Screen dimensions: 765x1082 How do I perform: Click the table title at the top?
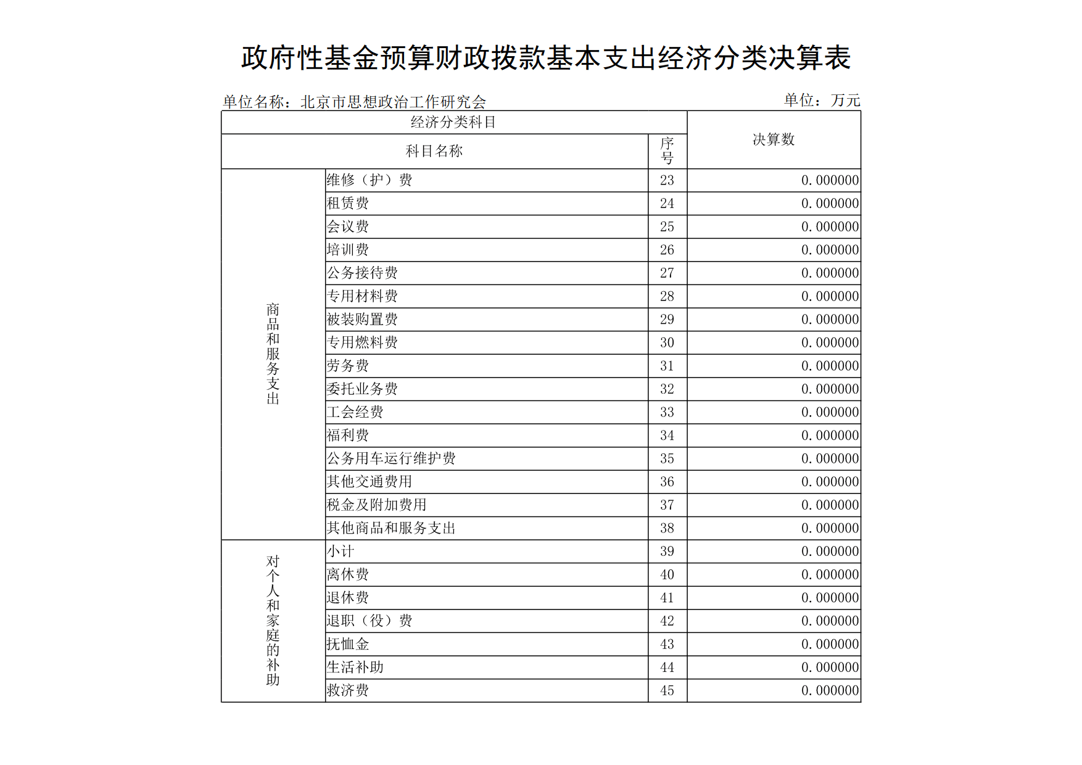[545, 59]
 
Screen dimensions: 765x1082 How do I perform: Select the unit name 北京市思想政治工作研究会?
[393, 102]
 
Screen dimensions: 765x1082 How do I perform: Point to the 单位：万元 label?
[821, 100]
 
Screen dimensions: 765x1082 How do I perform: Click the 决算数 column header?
[774, 140]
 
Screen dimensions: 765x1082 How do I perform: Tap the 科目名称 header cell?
[434, 151]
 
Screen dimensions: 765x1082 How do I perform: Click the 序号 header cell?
[667, 151]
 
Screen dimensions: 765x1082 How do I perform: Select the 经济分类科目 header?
[453, 122]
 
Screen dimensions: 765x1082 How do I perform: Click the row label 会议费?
[348, 227]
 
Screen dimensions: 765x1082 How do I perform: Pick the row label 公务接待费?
[362, 273]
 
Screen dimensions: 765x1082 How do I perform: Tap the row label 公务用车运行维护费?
[391, 458]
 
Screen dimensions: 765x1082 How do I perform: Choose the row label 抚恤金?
[348, 644]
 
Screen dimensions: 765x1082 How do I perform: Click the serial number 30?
[667, 343]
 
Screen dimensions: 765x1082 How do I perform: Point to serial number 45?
[667, 690]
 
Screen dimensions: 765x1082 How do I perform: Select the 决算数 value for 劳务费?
[830, 366]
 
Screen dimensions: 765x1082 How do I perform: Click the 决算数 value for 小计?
[830, 552]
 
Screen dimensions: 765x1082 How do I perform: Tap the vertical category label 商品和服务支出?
[273, 354]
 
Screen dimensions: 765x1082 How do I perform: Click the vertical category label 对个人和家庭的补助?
[273, 621]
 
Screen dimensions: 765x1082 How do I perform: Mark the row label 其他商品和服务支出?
[391, 528]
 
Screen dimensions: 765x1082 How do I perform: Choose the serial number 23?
[667, 180]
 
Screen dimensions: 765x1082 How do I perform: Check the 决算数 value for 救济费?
[830, 690]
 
